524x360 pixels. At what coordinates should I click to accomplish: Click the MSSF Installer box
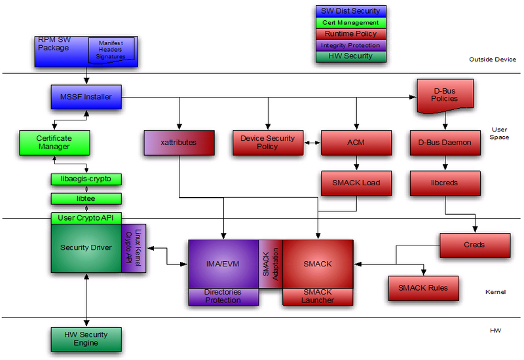pos(86,98)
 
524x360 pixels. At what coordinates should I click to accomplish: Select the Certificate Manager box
pos(54,142)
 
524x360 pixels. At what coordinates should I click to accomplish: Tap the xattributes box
pos(179,143)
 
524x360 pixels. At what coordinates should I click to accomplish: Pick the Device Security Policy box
pos(267,143)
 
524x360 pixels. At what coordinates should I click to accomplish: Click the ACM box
pos(356,143)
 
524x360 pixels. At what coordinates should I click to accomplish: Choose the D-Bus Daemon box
pos(445,143)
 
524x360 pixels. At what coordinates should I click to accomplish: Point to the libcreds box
pos(445,184)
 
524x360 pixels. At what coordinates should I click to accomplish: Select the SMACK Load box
pos(356,184)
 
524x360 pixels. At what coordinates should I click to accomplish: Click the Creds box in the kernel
pos(475,245)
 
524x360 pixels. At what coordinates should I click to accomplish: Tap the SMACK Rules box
pos(422,288)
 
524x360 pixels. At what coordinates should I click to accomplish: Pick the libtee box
pos(86,198)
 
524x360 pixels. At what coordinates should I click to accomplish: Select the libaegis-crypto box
pos(86,179)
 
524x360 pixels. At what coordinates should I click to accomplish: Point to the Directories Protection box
pos(223,296)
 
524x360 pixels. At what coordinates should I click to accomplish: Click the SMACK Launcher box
pos(317,296)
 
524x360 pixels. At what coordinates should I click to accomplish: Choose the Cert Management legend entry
pos(350,23)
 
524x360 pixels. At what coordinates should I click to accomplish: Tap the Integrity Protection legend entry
pos(350,45)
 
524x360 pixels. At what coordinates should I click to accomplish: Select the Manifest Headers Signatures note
pos(111,50)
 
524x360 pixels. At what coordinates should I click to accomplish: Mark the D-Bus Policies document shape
pos(445,96)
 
